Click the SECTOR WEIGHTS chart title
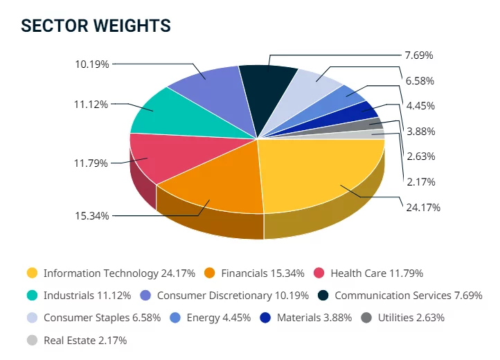[x=96, y=26]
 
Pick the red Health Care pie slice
[x=156, y=156]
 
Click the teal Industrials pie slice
[x=166, y=114]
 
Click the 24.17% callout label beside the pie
[x=423, y=207]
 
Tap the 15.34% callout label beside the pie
[x=91, y=216]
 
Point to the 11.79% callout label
[x=91, y=163]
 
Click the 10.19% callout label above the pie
[x=91, y=64]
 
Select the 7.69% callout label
[x=420, y=55]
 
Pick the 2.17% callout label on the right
[x=420, y=181]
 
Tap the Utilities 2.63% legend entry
[x=411, y=318]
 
